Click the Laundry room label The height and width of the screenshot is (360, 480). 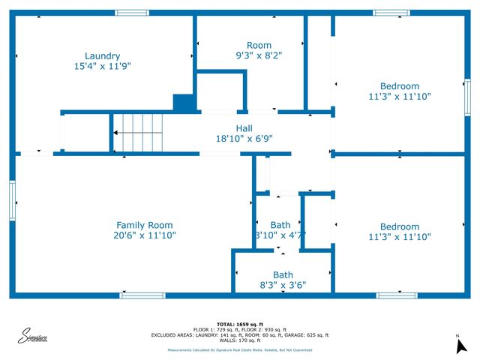102,56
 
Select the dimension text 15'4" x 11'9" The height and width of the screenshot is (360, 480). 102,66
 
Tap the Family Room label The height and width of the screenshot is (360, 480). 144,225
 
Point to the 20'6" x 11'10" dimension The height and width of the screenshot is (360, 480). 144,235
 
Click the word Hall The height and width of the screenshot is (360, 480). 244,127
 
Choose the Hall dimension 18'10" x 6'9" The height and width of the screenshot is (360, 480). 244,138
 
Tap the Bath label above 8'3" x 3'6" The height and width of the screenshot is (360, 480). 283,274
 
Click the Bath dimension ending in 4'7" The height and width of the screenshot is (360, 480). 280,235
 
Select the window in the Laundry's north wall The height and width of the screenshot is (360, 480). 132,13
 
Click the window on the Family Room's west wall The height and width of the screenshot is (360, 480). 13,201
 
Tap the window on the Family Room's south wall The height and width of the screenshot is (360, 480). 142,295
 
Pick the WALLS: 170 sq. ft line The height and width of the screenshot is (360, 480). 239,340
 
